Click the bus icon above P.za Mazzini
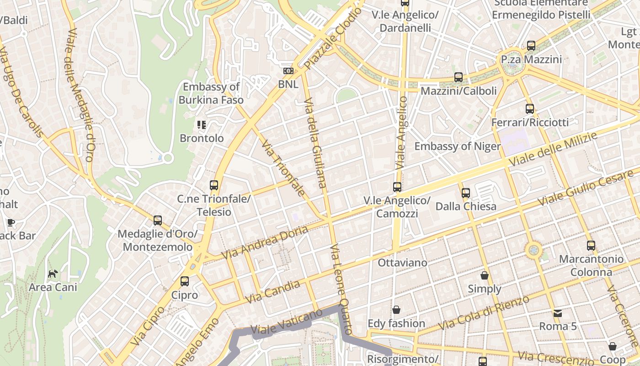(531, 46)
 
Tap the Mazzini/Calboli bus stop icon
(459, 77)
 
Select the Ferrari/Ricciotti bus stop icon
(530, 109)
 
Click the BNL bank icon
(288, 71)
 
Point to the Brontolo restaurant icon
(202, 124)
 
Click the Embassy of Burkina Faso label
(211, 93)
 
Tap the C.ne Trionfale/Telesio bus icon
(214, 185)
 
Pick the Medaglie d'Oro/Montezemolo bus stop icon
(158, 221)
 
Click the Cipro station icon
(185, 281)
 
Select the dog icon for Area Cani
(53, 274)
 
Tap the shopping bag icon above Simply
(485, 275)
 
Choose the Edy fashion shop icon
(396, 310)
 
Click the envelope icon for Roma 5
(558, 313)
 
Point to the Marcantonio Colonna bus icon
(591, 246)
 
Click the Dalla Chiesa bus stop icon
(466, 193)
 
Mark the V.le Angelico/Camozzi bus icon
(397, 187)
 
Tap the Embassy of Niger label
(457, 146)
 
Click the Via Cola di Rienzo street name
(484, 312)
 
